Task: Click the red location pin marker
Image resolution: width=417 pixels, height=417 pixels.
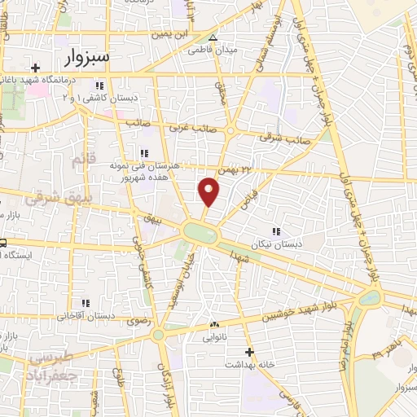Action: pos(209,191)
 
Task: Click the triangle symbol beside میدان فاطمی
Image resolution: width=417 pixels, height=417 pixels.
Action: pos(213,37)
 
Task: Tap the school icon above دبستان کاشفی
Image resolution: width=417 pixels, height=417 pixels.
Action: pos(99,85)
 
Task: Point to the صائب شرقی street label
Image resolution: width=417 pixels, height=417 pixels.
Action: pos(279,138)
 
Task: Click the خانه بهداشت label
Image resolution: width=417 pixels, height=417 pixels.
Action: pos(249,364)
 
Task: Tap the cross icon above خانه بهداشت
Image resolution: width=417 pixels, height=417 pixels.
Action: pos(249,352)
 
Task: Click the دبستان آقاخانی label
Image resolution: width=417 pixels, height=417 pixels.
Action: pos(85,314)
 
